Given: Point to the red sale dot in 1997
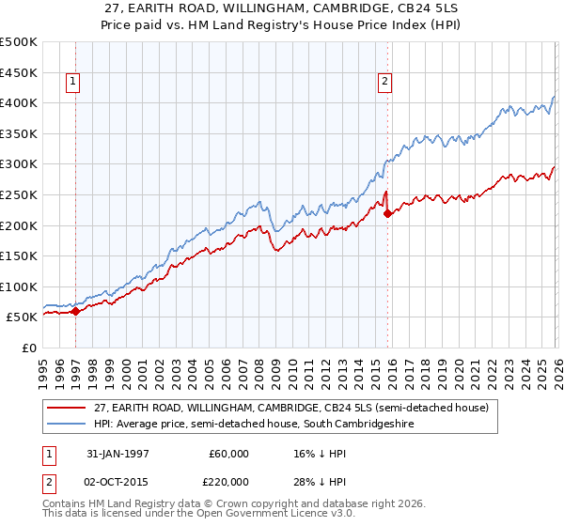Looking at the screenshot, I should (x=76, y=312).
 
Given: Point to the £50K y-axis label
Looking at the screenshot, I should (x=23, y=317).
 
